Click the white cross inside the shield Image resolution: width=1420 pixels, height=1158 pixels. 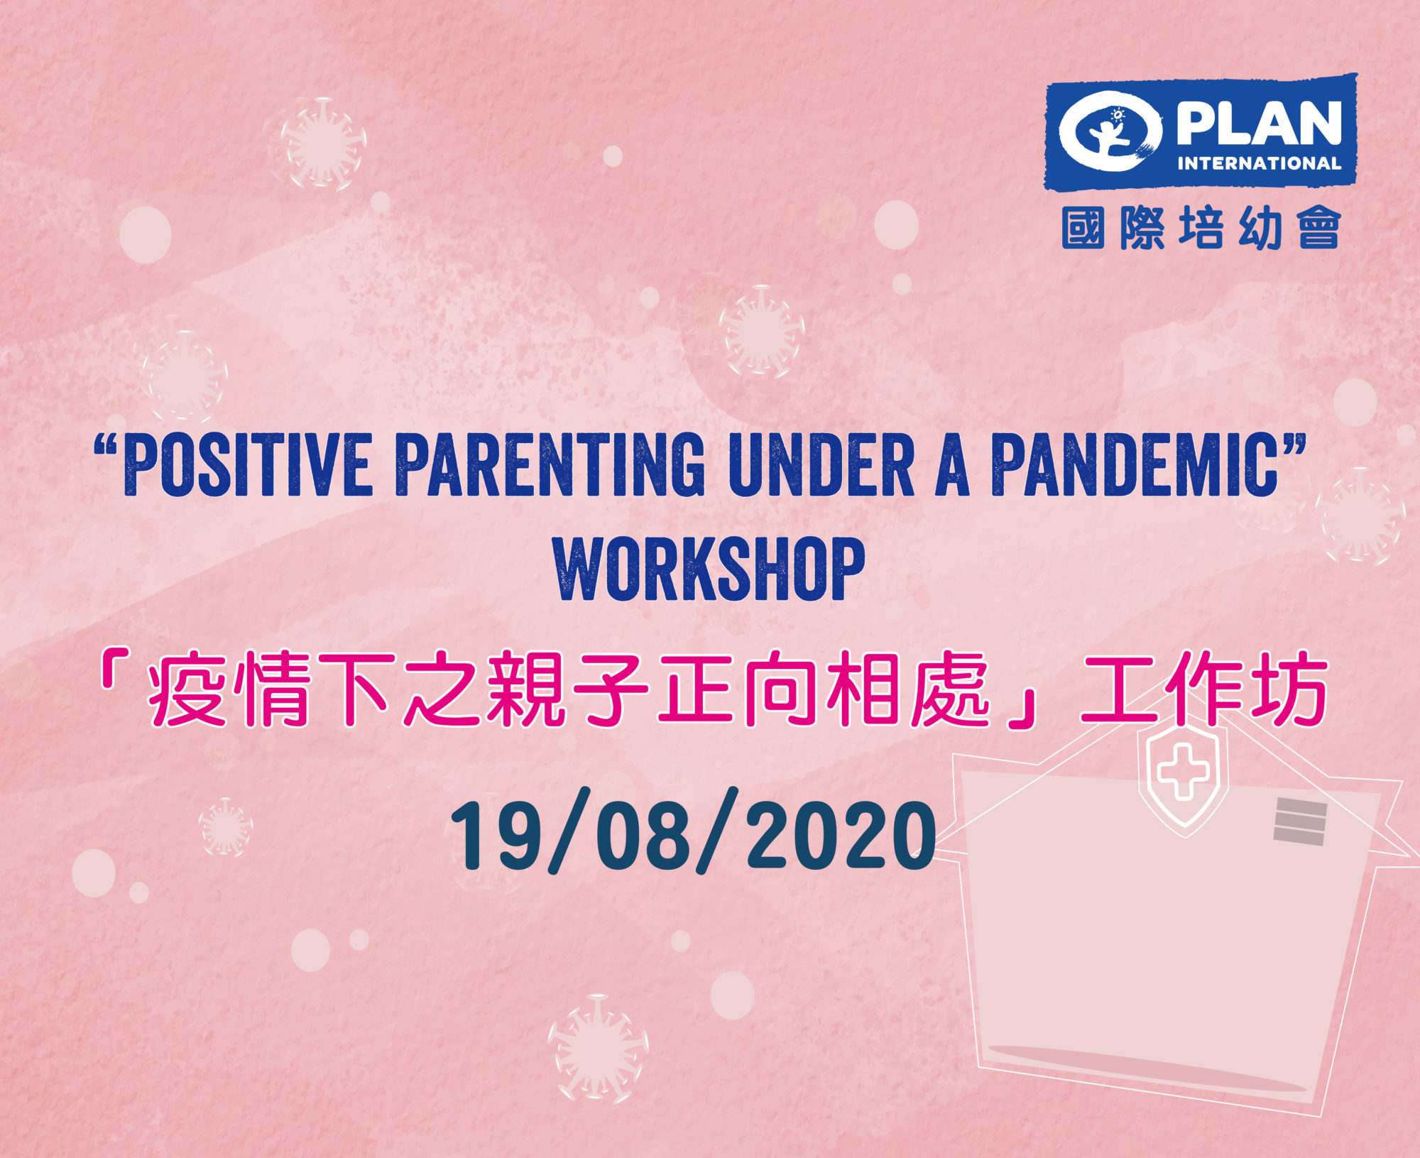(x=1183, y=772)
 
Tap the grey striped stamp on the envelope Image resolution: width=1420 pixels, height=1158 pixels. (x=1300, y=821)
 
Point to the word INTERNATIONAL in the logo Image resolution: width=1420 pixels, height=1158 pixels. (x=1259, y=163)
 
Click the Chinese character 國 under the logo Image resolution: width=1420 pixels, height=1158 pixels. (x=1083, y=228)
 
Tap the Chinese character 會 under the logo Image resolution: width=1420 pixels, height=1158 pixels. (x=1319, y=228)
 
